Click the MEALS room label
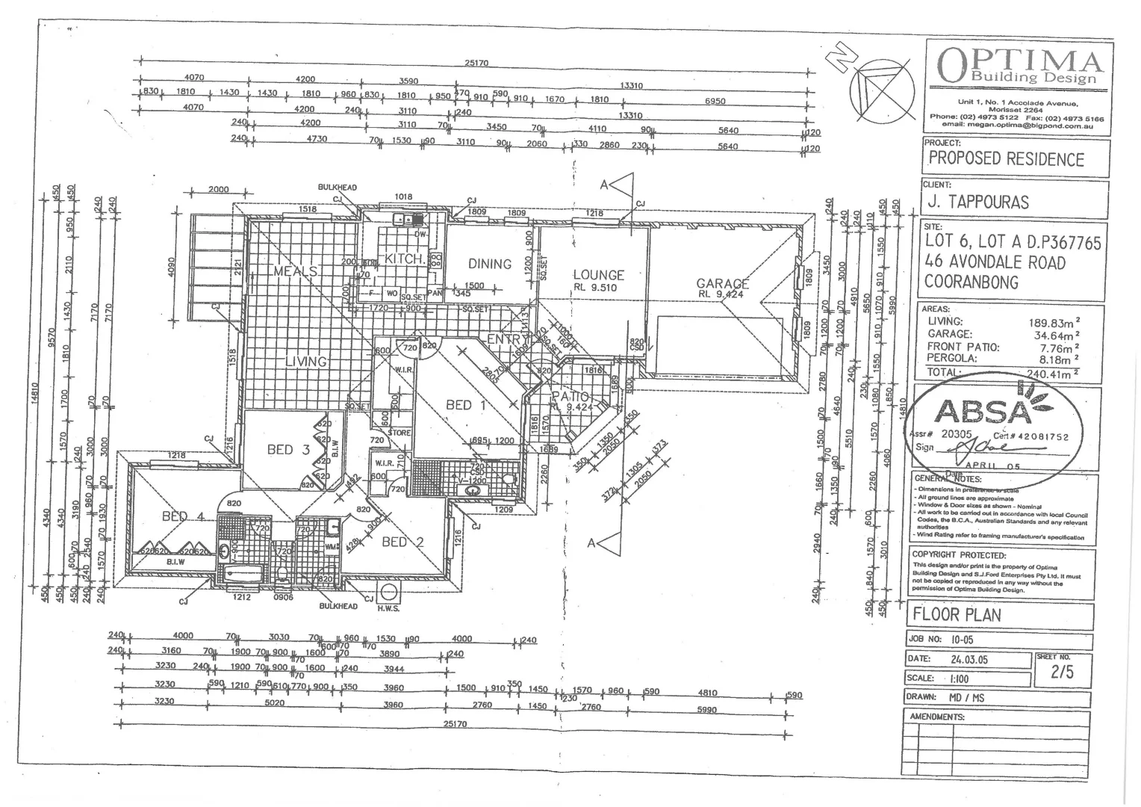[296, 271]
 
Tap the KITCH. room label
[405, 259]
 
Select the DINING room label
[490, 264]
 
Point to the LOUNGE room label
[598, 275]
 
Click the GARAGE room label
[722, 283]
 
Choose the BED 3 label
[288, 449]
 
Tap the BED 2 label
[402, 542]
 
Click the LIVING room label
[306, 362]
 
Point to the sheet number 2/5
[1061, 672]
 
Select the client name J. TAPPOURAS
[978, 202]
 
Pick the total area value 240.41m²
[1053, 374]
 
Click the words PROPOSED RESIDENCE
[1006, 159]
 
